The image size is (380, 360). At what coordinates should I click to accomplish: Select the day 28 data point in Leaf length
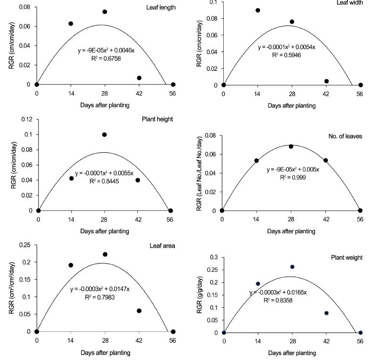point(105,12)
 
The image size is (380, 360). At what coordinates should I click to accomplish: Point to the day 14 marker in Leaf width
point(258,10)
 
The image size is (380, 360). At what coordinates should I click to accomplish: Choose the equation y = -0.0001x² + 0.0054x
point(286,47)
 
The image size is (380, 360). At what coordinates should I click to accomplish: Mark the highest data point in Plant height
point(105,135)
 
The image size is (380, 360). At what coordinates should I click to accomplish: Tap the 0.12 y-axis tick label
point(26,119)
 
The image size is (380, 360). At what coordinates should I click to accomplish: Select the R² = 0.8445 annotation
point(103,182)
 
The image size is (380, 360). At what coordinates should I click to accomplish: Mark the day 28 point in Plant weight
point(292,267)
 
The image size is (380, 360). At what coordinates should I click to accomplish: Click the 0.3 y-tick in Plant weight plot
point(212,257)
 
